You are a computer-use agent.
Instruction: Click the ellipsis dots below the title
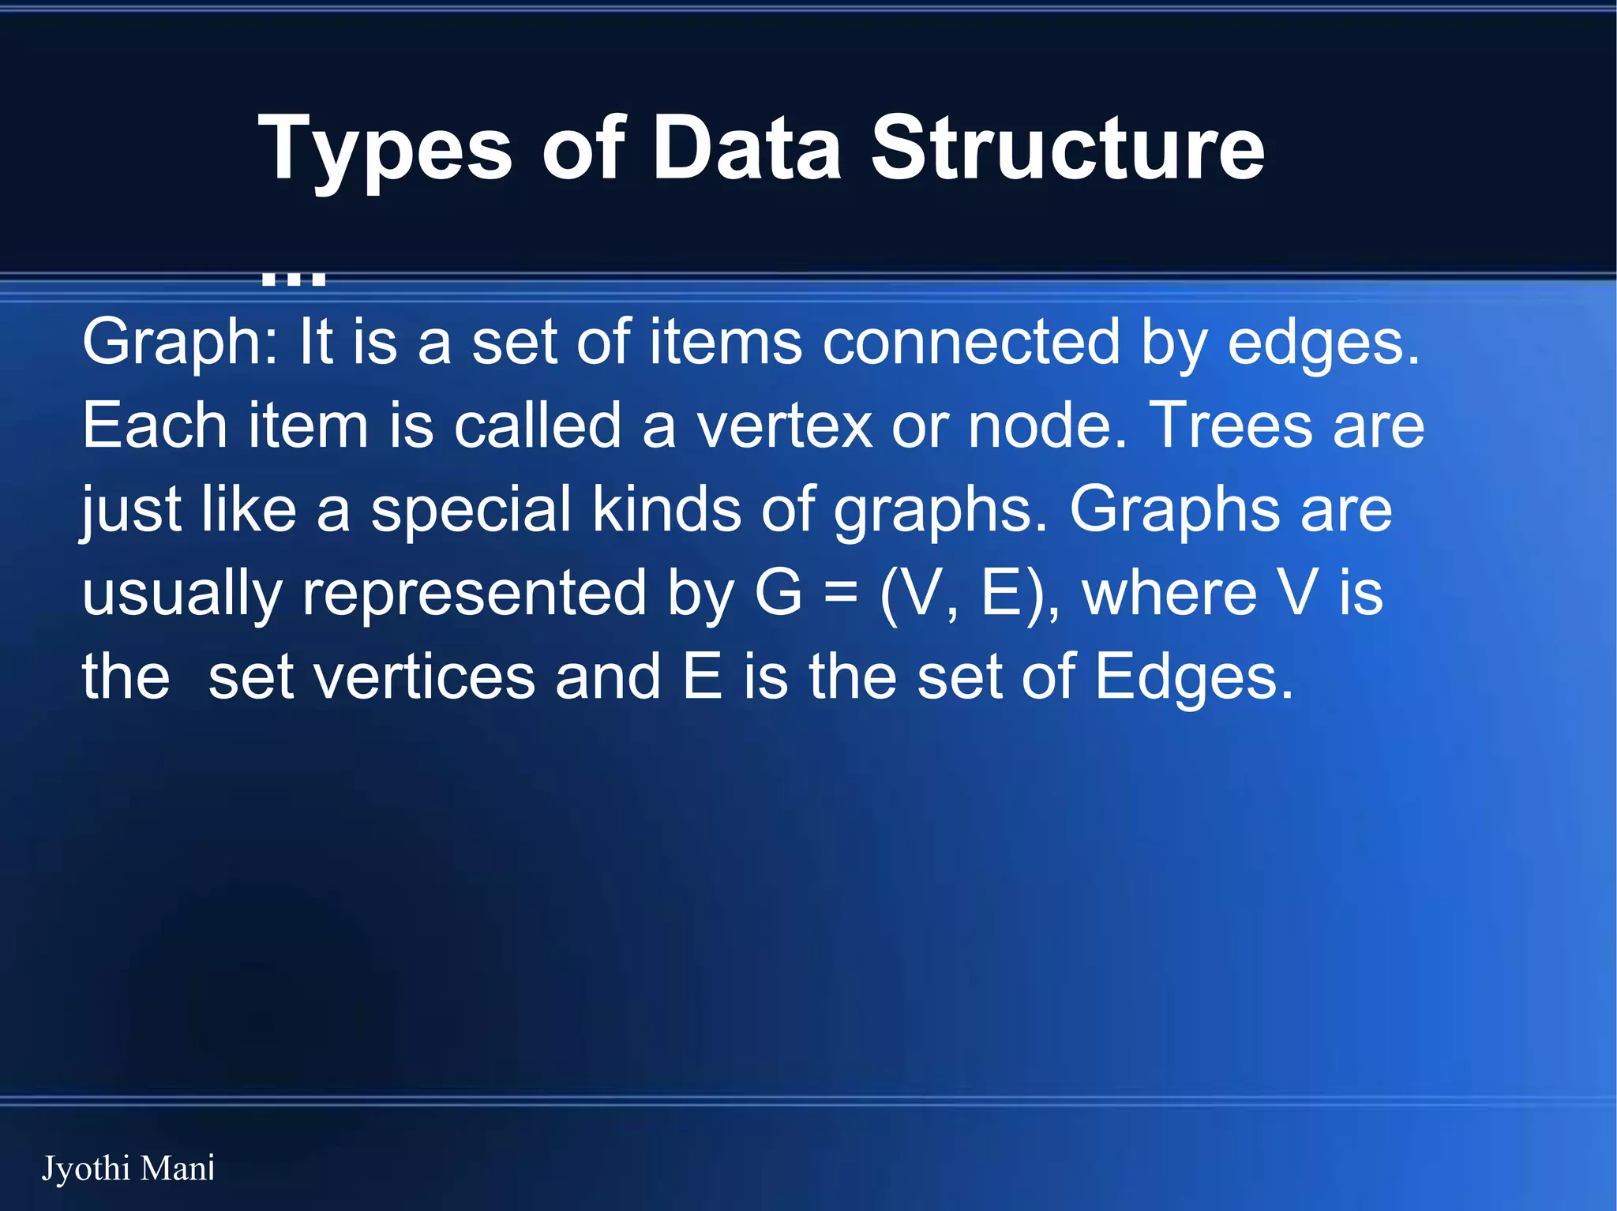point(293,276)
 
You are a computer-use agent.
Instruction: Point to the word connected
point(971,343)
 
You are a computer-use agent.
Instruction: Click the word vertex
point(783,426)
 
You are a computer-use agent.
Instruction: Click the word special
point(471,512)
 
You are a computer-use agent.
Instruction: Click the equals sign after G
point(840,594)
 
